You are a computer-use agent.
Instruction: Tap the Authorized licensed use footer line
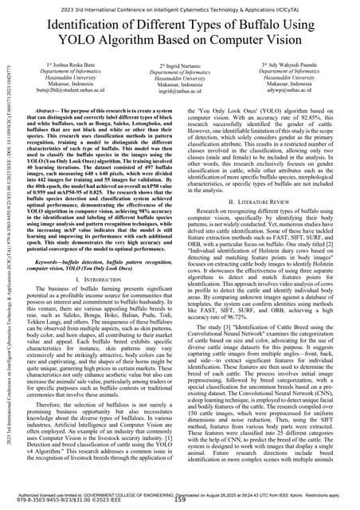tap(180, 495)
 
